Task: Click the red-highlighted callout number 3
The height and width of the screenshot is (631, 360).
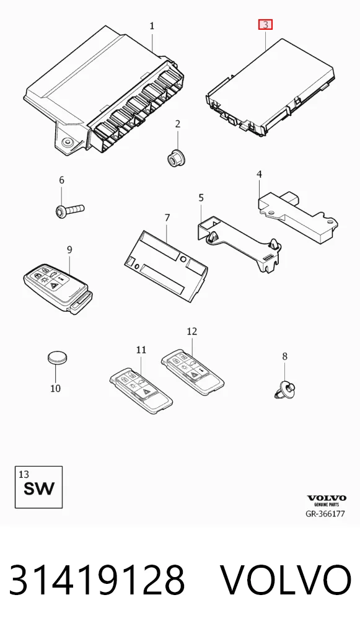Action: [x=265, y=25]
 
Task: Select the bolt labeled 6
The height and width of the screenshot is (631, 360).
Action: [x=69, y=210]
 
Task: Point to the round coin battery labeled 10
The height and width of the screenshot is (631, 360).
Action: [x=58, y=358]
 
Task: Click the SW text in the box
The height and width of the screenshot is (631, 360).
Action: [x=38, y=488]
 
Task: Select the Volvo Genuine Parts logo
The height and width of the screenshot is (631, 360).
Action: [x=326, y=500]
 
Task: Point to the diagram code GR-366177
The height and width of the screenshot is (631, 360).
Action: [x=325, y=514]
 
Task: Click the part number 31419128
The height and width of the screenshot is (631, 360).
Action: [x=97, y=580]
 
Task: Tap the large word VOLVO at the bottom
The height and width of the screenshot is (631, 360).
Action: [x=286, y=580]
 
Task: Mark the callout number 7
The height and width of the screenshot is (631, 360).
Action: [x=167, y=218]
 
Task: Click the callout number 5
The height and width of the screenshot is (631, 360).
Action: [x=201, y=198]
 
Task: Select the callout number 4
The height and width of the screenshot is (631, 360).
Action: [x=260, y=174]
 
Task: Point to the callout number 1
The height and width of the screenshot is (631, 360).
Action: [x=152, y=26]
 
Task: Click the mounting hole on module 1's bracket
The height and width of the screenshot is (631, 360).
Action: [x=67, y=142]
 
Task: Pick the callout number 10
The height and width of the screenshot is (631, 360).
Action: [x=56, y=389]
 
